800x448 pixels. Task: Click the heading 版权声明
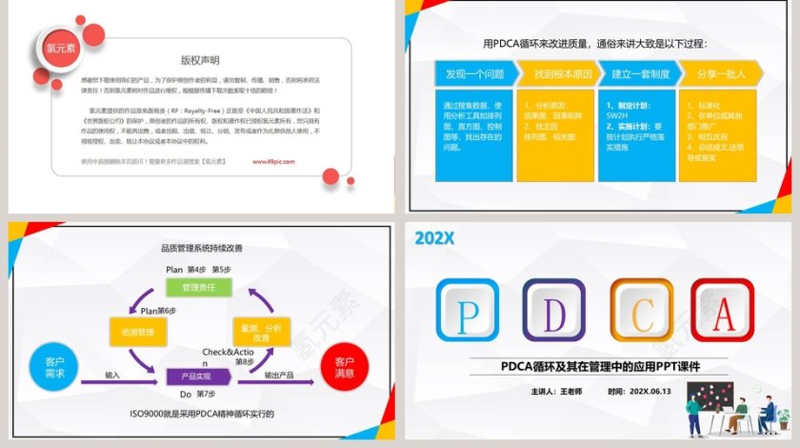[200, 59]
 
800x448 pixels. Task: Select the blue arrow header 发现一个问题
[469, 72]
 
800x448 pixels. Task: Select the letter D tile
[553, 311]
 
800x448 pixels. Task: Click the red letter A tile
[725, 311]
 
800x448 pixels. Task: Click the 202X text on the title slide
[434, 238]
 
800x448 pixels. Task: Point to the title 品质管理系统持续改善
[201, 248]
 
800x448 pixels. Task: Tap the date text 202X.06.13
[651, 391]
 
